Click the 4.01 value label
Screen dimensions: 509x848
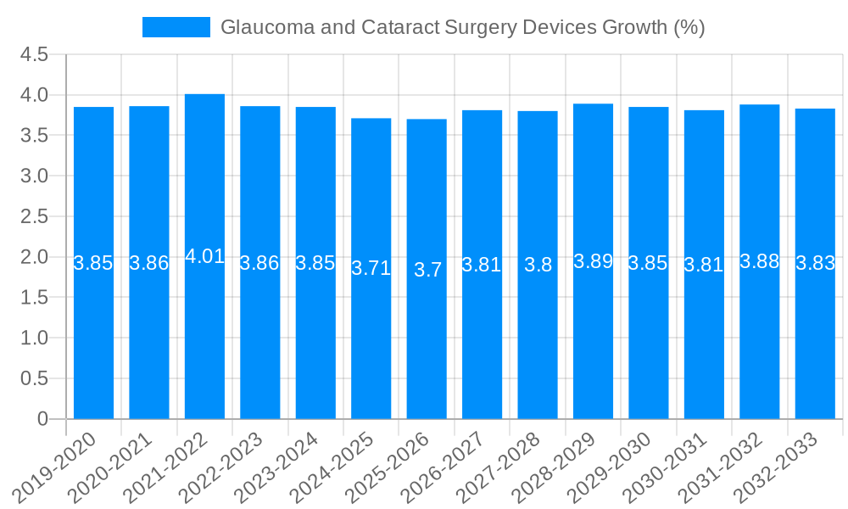[x=204, y=256]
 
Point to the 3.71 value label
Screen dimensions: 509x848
[x=371, y=269]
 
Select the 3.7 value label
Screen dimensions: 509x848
[x=427, y=270]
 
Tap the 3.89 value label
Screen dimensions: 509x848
[x=593, y=261]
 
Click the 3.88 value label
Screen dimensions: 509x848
[x=760, y=261]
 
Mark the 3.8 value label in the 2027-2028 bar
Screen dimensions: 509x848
[x=538, y=265]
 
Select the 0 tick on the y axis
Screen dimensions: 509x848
[x=43, y=419]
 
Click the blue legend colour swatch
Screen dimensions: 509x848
[x=176, y=27]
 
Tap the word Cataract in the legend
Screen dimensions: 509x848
[x=400, y=27]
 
